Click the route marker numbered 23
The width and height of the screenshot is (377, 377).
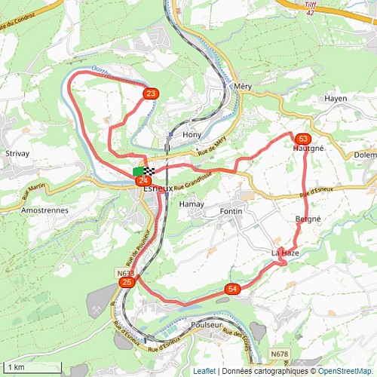click(x=151, y=93)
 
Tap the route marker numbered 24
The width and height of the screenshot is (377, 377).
click(x=143, y=181)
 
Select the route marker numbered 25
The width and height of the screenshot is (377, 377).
click(x=127, y=282)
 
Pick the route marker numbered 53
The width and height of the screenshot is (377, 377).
click(x=302, y=139)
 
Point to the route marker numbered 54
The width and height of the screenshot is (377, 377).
click(x=232, y=289)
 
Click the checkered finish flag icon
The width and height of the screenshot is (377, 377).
click(x=149, y=171)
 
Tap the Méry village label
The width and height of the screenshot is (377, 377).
click(x=243, y=87)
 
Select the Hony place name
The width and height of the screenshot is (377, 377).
click(x=191, y=134)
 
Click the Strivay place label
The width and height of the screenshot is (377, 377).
click(x=17, y=153)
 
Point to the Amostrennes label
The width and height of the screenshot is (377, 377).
click(x=45, y=210)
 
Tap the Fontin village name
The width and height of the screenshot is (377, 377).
click(x=231, y=211)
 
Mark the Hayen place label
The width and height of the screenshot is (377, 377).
click(x=336, y=99)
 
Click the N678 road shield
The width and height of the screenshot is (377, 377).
click(x=279, y=353)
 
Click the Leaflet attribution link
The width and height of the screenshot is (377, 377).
click(x=204, y=371)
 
